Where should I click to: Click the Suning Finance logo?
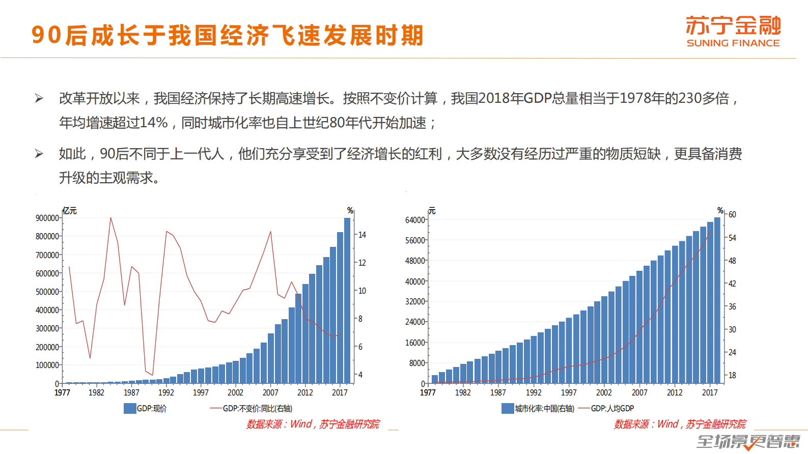tap(733, 31)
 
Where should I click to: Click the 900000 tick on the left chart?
tap(47, 218)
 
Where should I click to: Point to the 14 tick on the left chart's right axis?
tap(362, 235)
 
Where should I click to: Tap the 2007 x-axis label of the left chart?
tap(270, 392)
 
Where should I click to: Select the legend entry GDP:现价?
tap(146, 408)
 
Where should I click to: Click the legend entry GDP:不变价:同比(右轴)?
tap(252, 408)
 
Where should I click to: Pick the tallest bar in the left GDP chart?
tap(347, 300)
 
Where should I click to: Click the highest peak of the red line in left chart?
tap(110, 218)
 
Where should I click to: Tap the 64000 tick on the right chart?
tap(415, 220)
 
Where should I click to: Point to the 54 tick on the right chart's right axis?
tap(732, 238)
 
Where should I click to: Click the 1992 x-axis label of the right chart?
tap(534, 392)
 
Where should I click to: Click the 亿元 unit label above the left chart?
tap(70, 211)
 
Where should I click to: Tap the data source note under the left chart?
tap(313, 424)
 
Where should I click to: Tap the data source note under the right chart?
tap(680, 424)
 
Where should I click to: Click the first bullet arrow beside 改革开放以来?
tap(39, 98)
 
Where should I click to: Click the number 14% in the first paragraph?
tap(154, 123)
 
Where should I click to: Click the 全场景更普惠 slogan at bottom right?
tap(748, 441)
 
